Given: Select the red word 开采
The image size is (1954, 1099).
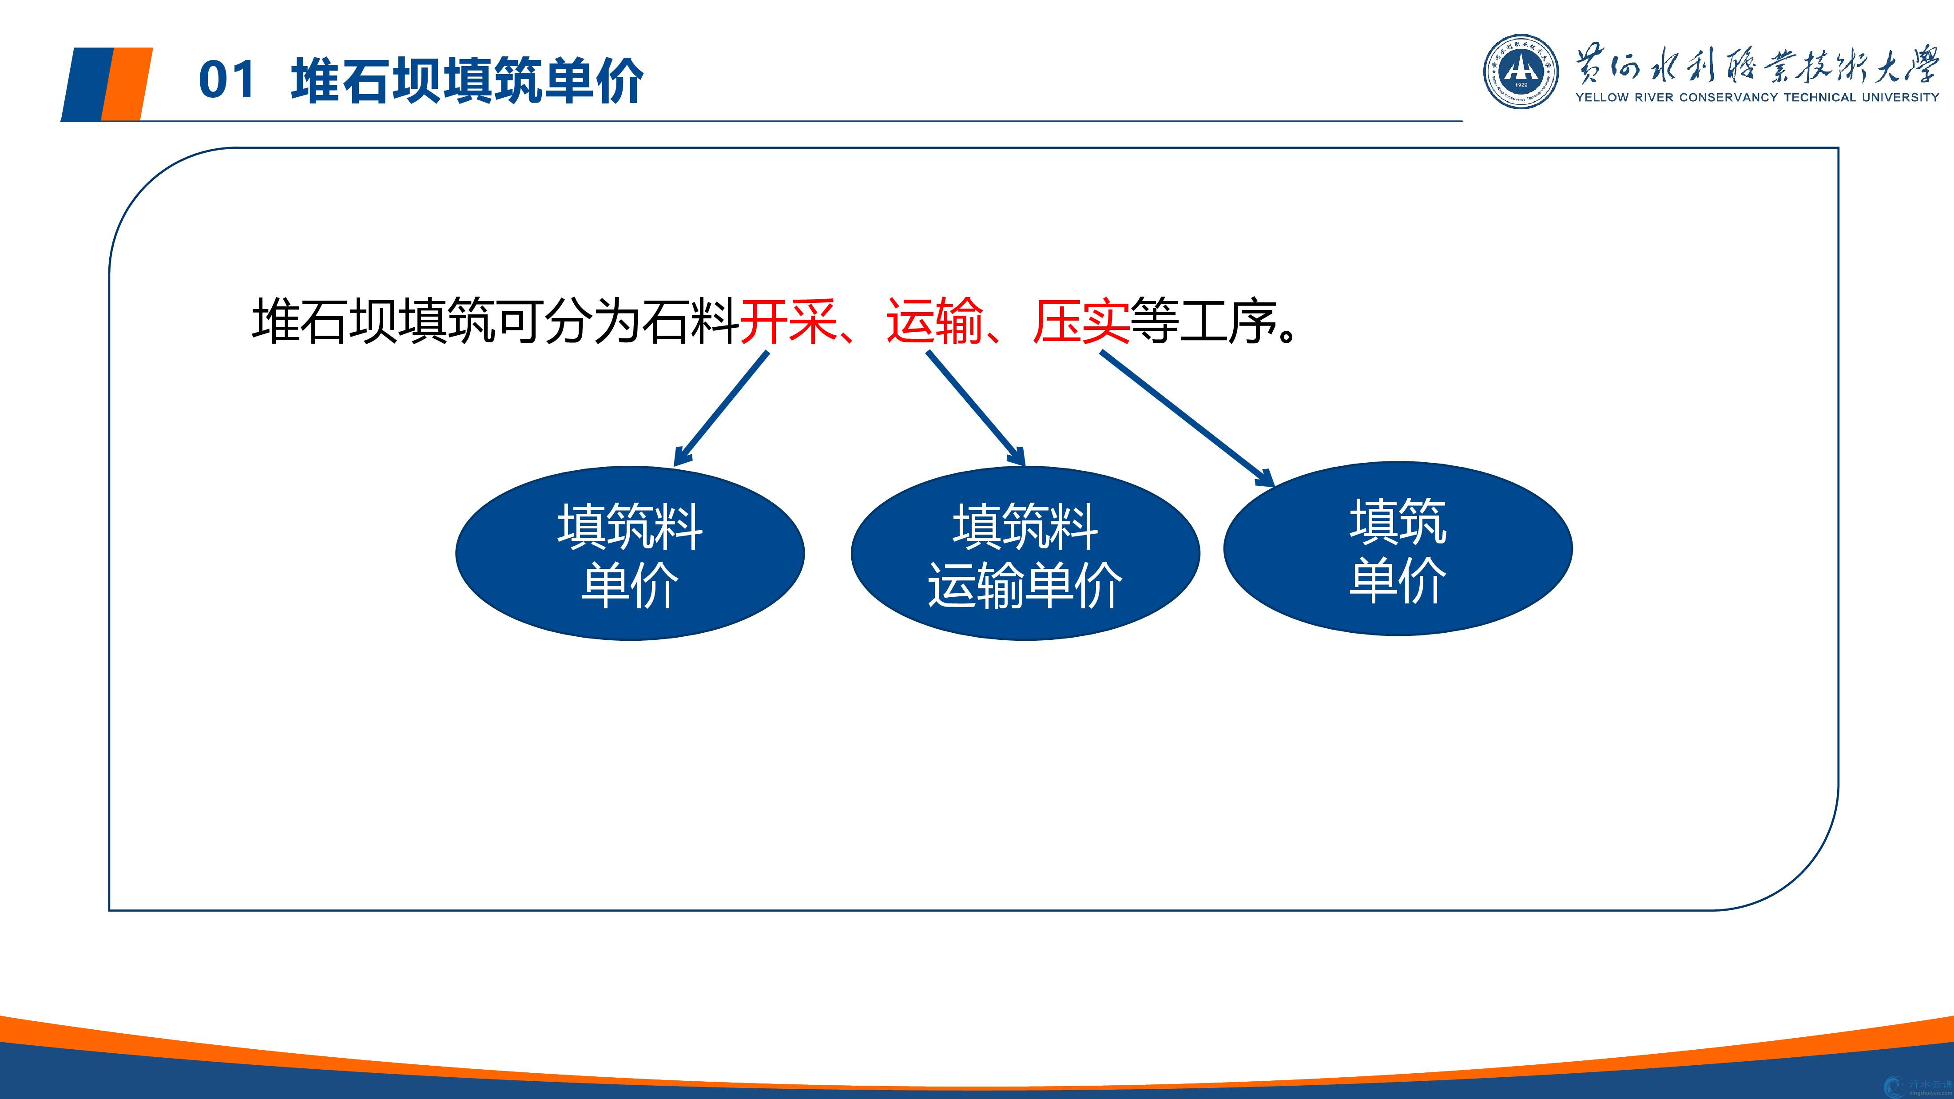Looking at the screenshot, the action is click(788, 321).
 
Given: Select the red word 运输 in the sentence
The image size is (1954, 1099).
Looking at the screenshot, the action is click(934, 321).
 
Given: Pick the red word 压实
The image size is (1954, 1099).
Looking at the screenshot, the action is click(1081, 321).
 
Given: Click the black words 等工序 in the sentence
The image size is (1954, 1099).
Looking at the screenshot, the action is click(1203, 321).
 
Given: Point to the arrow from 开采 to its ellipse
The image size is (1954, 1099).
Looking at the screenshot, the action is click(721, 409).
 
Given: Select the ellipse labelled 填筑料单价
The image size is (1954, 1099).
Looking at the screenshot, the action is click(630, 554).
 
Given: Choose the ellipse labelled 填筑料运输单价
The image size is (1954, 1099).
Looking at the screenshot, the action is click(1025, 554).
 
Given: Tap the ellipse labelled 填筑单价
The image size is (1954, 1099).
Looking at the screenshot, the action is click(1398, 548).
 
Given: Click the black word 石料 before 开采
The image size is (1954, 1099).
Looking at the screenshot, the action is click(691, 321).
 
